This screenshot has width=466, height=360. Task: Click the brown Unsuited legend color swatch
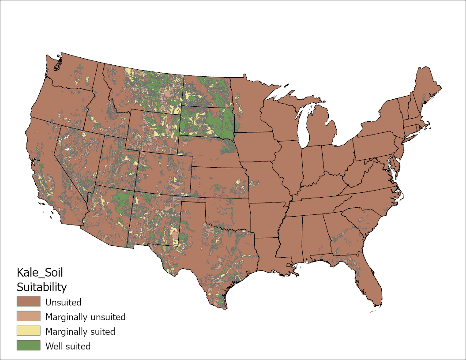pos(28,302)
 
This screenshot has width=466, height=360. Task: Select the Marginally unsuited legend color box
pos(28,317)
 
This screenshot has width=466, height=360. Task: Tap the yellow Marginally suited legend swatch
pos(28,331)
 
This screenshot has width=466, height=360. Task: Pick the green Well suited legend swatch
pos(28,346)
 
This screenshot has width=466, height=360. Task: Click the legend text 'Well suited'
pos(68,346)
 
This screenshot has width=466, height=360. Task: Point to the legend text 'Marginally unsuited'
pos(85,317)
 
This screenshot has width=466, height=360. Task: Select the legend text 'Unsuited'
pos(63,303)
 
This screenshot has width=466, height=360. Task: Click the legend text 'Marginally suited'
pos(80,332)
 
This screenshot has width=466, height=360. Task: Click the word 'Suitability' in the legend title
pos(41,288)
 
